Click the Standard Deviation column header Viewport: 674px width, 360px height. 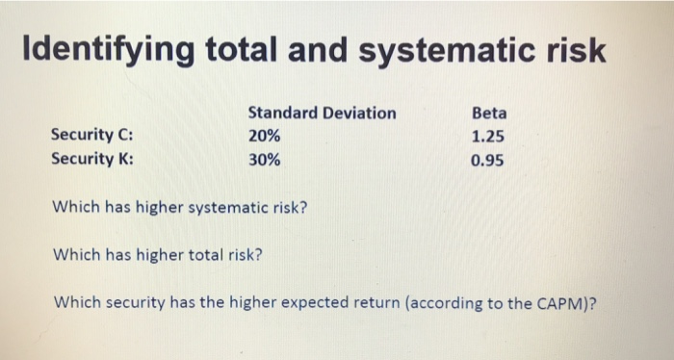[x=322, y=113]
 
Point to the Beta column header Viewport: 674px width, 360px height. [x=489, y=113]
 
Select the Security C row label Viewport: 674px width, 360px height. [x=92, y=137]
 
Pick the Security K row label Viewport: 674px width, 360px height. [x=92, y=160]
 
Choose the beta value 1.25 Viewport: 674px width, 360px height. [x=488, y=137]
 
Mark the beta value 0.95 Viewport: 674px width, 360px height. [x=488, y=160]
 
